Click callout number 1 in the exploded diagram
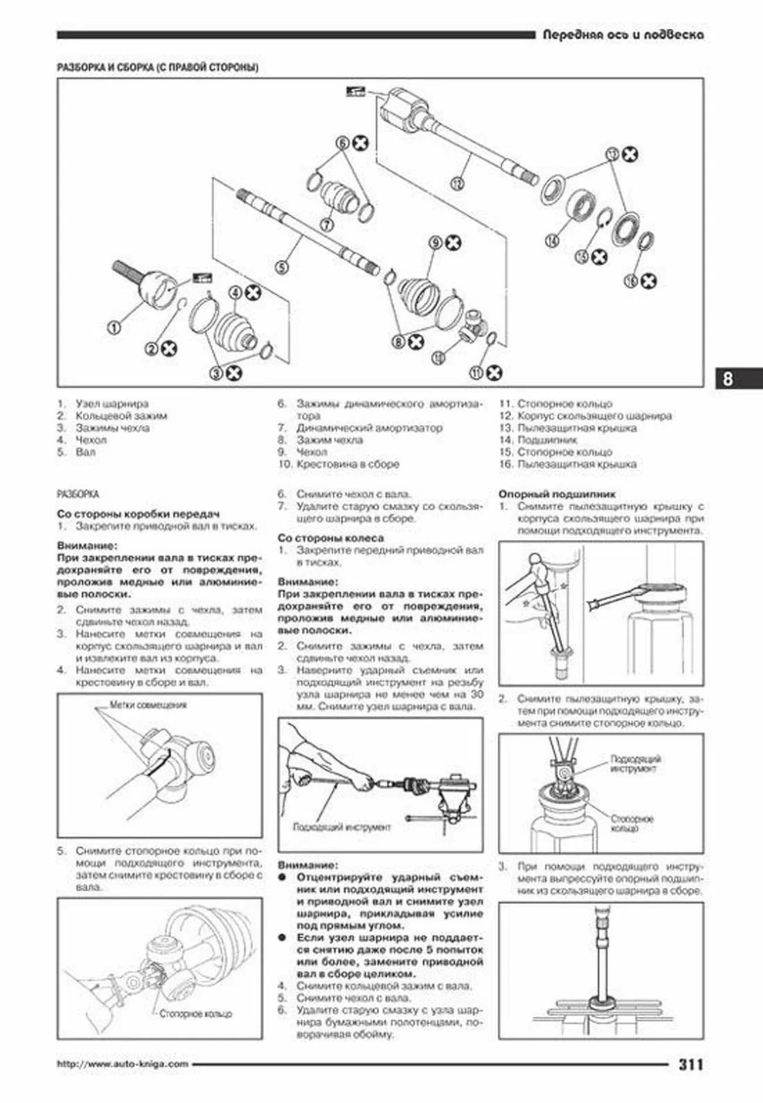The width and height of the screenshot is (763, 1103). (114, 327)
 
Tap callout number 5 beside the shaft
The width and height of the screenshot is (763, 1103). (282, 268)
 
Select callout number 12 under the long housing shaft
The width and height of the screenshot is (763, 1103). (457, 184)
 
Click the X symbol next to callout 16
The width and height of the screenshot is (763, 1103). (649, 282)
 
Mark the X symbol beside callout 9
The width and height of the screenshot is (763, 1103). (453, 242)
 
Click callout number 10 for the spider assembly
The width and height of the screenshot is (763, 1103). (438, 357)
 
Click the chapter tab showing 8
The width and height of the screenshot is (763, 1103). (728, 379)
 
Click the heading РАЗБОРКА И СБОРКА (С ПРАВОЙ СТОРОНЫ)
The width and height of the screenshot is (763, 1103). (157, 67)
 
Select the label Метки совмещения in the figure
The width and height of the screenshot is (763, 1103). (148, 705)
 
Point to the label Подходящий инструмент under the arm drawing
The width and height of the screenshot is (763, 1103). (341, 827)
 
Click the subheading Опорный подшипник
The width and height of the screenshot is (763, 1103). (556, 494)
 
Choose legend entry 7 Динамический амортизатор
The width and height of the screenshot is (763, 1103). (369, 428)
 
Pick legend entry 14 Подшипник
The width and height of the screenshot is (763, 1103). (547, 439)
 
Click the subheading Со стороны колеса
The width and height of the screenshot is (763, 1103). (330, 537)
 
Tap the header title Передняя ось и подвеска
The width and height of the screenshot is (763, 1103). (623, 35)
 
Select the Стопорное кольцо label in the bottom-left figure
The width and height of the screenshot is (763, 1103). (195, 1014)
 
